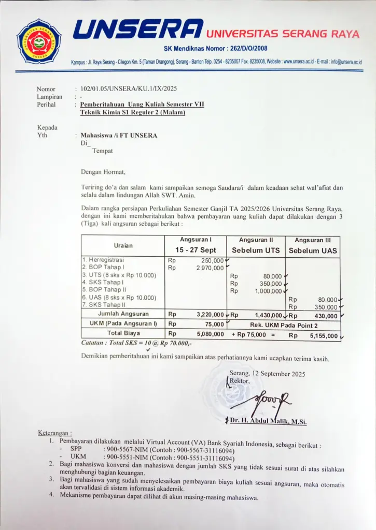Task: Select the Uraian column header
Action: coord(123,245)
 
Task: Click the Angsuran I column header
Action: coord(196,240)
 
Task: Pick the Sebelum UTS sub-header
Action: coord(256,251)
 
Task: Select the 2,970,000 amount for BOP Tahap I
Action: coord(210,268)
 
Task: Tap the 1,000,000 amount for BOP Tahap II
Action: coord(268,291)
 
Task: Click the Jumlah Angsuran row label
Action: coord(123,314)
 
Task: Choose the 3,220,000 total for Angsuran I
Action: coord(211,314)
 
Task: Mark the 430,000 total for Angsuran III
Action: coord(325,315)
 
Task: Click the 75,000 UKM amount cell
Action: coord(214,324)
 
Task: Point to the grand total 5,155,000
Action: coord(324,335)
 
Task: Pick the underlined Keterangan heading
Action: coord(55,432)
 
